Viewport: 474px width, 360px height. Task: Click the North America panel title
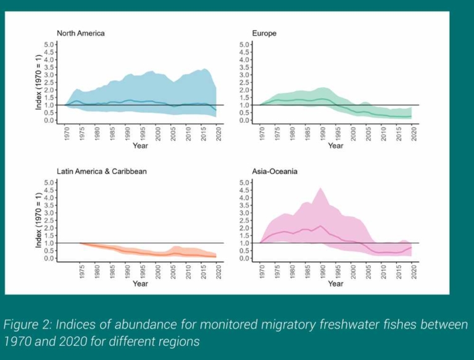coord(81,33)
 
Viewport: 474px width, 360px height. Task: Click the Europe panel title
coord(265,33)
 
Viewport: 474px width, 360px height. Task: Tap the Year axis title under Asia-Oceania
coord(336,284)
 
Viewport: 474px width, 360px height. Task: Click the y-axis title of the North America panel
coord(38,82)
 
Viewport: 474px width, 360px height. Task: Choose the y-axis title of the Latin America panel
coord(38,220)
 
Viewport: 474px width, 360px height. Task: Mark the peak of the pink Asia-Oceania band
coord(320,188)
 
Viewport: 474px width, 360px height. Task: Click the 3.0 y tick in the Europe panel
coord(245,75)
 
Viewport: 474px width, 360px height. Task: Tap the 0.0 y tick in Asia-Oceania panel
coord(245,258)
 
